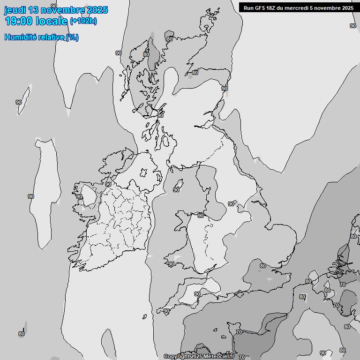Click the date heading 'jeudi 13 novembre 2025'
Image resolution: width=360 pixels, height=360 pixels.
coord(56,10)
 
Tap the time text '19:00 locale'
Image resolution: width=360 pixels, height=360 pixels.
coord(36,21)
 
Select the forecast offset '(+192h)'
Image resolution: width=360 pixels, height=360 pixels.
coord(83,21)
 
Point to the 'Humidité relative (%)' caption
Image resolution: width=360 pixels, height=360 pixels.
coord(42,37)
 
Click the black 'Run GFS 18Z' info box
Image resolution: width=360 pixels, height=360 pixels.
coord(298,7)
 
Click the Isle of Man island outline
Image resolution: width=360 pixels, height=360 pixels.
coord(179,183)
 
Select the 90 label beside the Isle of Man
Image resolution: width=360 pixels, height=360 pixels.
coord(176,190)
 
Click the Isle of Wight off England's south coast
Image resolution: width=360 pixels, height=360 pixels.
coord(240,294)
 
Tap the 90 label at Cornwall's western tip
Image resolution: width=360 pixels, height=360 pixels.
coord(166,311)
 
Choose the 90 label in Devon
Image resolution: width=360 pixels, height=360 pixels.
coord(197,294)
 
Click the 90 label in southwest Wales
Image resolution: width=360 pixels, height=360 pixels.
coord(171,264)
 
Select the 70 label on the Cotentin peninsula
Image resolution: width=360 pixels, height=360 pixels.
coord(239,332)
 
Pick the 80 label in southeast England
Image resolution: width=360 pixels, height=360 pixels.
coord(263,266)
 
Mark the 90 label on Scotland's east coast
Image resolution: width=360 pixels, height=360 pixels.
coord(225,89)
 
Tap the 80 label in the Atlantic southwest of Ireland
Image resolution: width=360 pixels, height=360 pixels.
coord(22,334)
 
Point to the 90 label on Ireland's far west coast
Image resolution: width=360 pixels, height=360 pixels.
coord(79,197)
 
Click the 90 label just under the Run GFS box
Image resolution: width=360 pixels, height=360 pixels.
coord(353,26)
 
